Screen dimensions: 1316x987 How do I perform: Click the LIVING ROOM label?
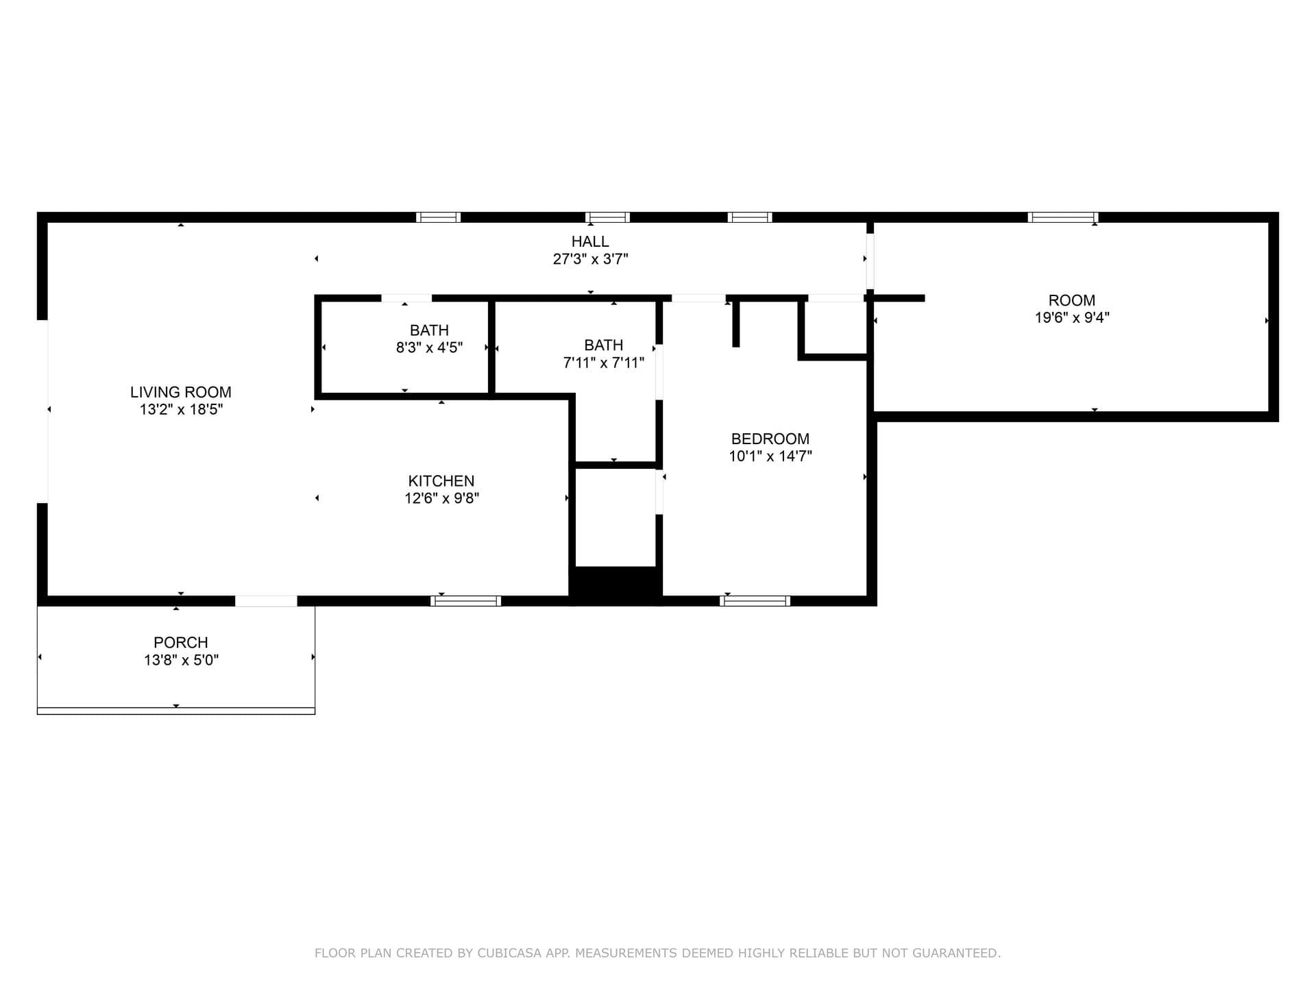[181, 392]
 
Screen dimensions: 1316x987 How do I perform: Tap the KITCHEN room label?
[441, 481]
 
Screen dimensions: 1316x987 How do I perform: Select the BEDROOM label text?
[770, 439]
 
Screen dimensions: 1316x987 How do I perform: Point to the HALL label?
[590, 241]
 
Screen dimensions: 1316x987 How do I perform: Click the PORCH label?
[181, 643]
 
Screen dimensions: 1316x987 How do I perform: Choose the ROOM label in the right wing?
[1072, 300]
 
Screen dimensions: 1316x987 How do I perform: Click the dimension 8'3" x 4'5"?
[430, 348]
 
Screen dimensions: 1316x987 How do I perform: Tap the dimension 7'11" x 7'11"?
[604, 363]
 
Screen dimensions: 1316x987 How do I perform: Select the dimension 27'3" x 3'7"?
[591, 259]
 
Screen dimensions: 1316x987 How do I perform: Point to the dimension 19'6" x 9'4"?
[1072, 317]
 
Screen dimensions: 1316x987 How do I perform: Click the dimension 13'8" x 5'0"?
[181, 660]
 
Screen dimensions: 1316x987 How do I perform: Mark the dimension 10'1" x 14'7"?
[770, 456]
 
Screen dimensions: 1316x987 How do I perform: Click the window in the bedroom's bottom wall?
[755, 601]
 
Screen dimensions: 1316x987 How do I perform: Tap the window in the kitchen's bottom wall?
[465, 601]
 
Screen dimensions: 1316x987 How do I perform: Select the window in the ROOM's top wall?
[1063, 217]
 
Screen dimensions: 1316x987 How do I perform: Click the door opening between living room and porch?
[266, 601]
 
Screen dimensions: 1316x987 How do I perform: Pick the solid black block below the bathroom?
[616, 586]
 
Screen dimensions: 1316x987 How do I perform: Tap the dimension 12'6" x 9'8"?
[441, 498]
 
